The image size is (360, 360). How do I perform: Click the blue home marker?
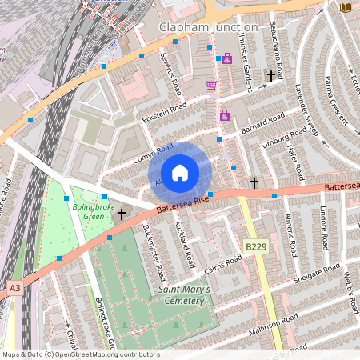tap(180, 173)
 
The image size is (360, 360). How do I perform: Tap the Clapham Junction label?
tap(208, 27)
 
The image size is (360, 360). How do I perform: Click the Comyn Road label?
tap(153, 153)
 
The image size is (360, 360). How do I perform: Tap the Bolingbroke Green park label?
tap(94, 212)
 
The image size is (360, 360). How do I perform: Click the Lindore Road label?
tap(326, 229)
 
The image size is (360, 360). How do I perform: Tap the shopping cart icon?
tap(211, 85)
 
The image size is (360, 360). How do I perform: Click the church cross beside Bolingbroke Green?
tap(122, 214)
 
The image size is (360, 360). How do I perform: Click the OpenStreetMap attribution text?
tap(80, 354)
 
